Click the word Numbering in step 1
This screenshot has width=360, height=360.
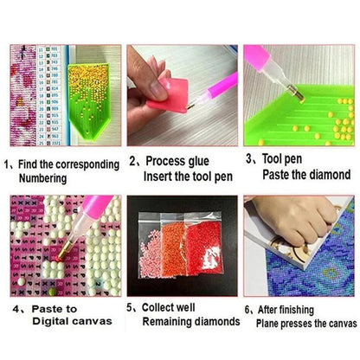click(42, 178)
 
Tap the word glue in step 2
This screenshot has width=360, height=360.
click(197, 162)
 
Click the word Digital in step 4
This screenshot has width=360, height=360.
click(50, 321)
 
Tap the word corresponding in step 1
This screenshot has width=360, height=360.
click(87, 165)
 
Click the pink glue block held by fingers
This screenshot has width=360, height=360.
click(169, 95)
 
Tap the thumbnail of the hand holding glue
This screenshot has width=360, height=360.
click(183, 95)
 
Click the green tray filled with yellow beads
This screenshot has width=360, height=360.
click(89, 101)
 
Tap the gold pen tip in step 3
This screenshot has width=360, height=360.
click(297, 93)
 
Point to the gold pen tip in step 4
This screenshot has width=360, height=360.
click(64, 251)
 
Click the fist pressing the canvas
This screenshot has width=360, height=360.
click(294, 218)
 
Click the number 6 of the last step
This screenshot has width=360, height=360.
click(247, 311)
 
